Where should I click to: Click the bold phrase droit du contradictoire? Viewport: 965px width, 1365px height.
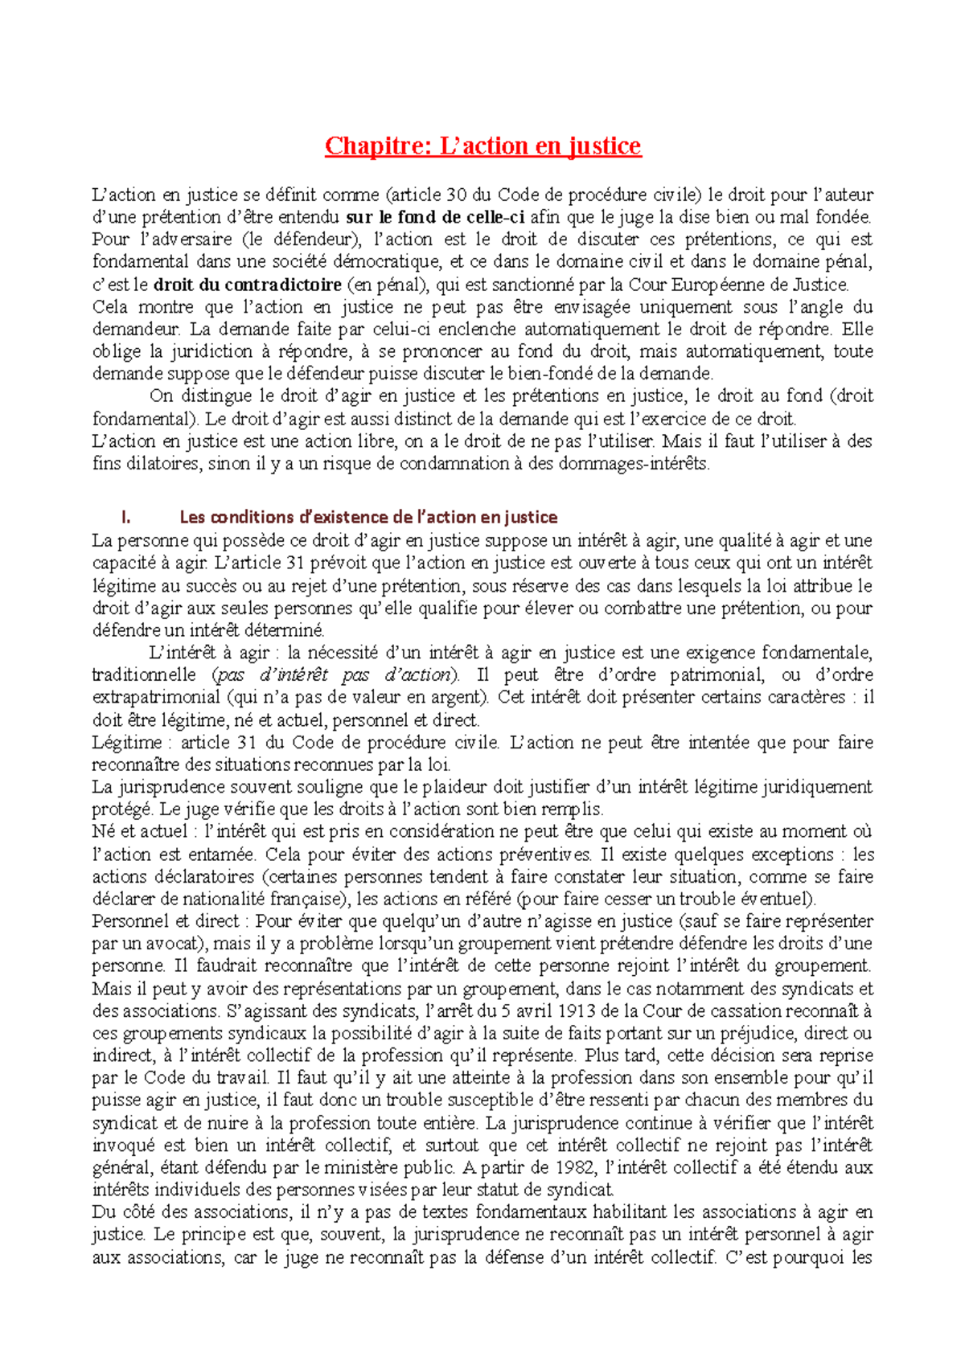pos(248,285)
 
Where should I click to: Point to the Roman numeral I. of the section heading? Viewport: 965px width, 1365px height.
pos(125,518)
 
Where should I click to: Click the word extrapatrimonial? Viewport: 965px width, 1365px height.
pos(156,698)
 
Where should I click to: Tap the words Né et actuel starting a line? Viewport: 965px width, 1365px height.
pos(139,832)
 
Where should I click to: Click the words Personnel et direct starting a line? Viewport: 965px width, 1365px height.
pos(165,921)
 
